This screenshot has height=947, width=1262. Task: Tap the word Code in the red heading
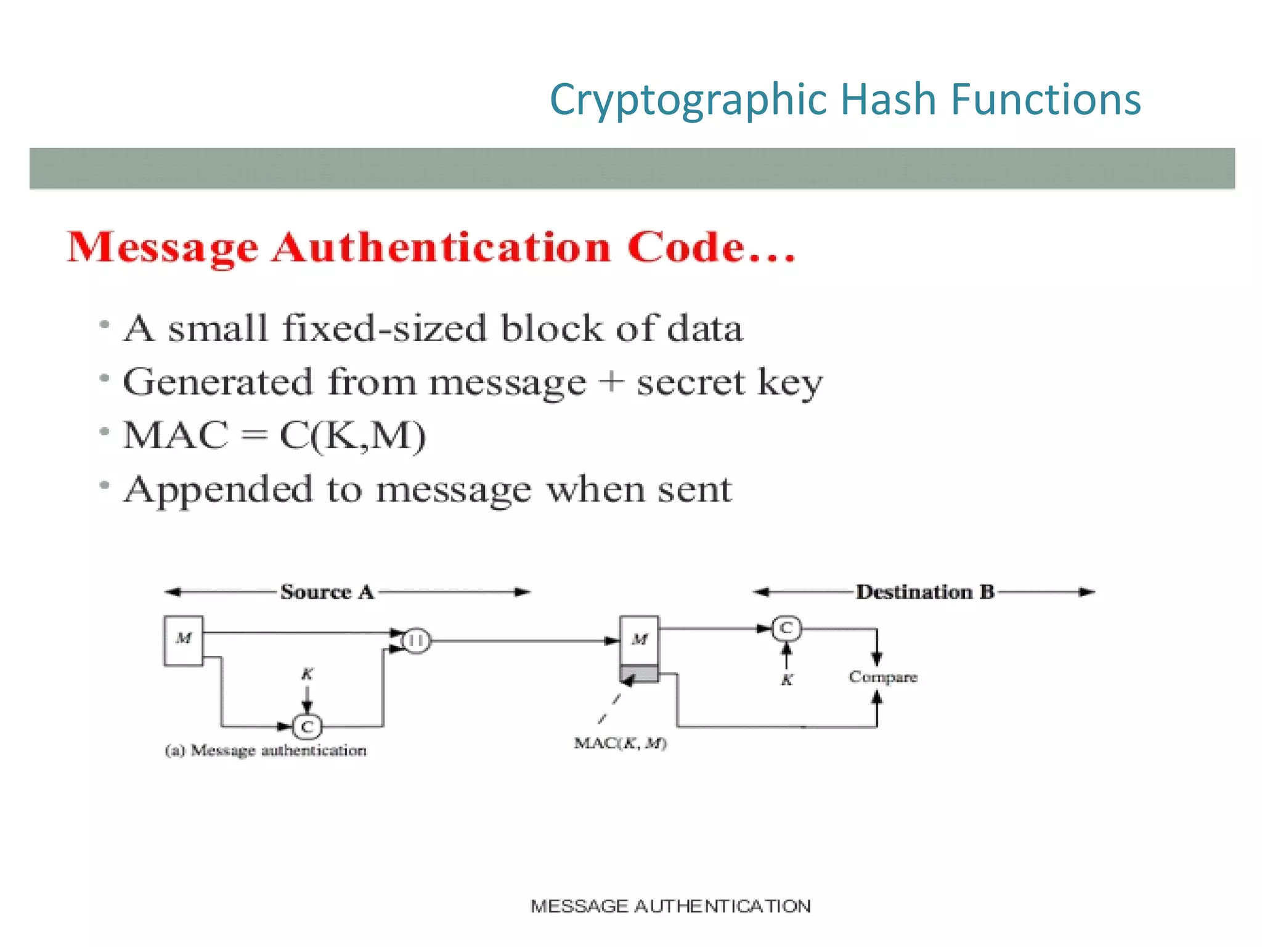coord(685,248)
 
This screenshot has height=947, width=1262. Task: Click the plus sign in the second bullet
coord(611,381)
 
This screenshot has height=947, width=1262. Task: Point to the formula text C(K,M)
coord(352,435)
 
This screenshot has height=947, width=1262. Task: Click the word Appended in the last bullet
coord(219,490)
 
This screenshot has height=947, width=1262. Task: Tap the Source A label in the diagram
coord(327,592)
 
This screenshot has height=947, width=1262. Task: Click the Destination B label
coord(925,592)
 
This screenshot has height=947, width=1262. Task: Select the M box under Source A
coord(184,640)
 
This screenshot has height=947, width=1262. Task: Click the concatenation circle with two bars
coord(417,641)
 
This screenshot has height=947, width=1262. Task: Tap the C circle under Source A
coord(307,726)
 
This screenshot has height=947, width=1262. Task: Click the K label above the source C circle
coord(307,674)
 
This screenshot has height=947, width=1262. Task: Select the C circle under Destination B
coord(786,628)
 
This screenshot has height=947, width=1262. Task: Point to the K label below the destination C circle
coord(787,680)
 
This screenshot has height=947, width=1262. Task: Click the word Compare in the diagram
coord(882,677)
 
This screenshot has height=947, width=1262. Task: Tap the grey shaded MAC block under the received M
coord(639,673)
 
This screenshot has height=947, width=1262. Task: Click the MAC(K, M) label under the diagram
coord(620,743)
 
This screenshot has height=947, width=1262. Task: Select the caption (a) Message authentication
coord(266,750)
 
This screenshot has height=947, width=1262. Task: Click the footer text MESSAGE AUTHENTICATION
coord(670,906)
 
